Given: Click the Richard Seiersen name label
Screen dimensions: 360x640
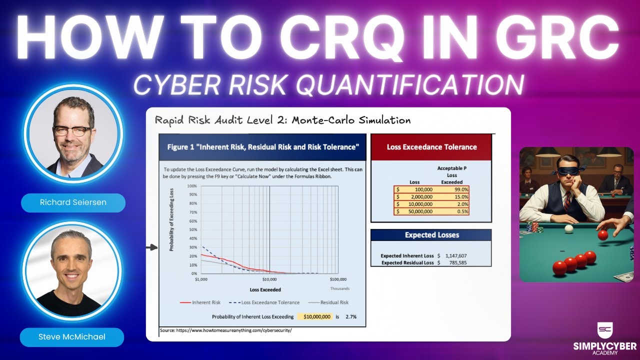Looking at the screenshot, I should click(73, 203).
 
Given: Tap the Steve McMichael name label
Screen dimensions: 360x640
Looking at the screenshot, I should click(72, 337).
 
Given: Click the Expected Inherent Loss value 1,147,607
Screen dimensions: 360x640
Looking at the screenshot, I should click(455, 255).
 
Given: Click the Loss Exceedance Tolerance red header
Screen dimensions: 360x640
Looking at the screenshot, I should click(431, 147).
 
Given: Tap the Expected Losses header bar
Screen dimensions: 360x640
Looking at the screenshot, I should click(431, 235).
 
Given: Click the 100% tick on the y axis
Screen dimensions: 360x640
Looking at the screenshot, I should click(191, 186).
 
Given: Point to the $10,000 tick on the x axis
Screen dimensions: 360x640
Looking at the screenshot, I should click(269, 279).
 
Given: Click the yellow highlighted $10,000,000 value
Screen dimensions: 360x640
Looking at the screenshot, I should click(314, 316).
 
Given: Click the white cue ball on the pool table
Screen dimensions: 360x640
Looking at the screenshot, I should click(568, 229).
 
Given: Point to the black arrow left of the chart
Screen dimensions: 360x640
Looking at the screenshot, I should click(151, 247).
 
